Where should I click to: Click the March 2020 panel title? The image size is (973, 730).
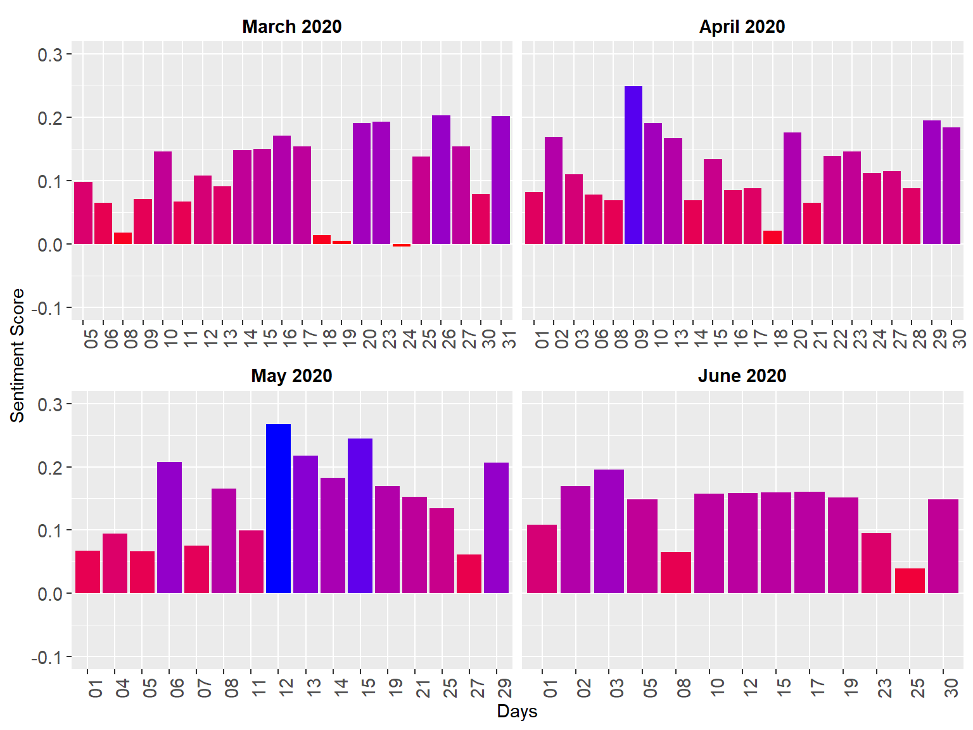point(291,27)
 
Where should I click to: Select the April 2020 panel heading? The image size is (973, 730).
point(742,27)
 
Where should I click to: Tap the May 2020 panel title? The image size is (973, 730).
point(291,376)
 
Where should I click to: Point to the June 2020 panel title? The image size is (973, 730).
point(742,376)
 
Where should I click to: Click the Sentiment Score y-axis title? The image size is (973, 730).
point(17,355)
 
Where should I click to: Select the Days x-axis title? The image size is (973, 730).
point(517,711)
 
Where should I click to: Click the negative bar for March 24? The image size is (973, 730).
point(402,245)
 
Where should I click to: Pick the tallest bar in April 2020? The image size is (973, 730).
point(633,165)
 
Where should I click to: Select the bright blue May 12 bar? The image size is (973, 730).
point(278,508)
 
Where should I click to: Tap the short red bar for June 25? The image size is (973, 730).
point(910,580)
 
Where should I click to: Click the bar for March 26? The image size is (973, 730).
point(441,179)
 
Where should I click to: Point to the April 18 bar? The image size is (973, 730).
point(772,237)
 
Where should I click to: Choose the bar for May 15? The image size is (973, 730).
point(360,516)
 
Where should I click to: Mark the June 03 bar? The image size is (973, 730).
point(609,531)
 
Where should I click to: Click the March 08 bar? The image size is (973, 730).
point(123,238)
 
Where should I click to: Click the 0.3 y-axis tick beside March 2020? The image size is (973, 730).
point(50,54)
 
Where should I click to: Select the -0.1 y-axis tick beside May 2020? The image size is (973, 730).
point(47,658)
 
